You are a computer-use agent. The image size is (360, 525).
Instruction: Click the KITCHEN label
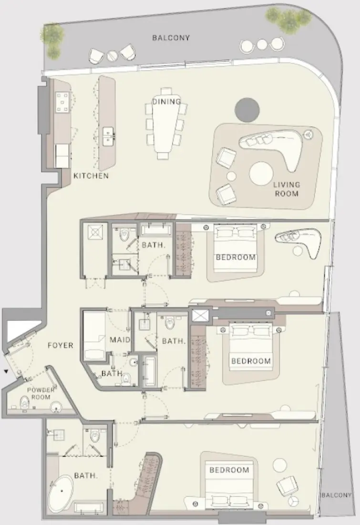[91, 176]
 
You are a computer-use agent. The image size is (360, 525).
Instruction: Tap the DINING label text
[166, 102]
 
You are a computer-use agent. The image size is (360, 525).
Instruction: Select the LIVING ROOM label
[286, 189]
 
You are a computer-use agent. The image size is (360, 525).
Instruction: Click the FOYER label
[61, 345]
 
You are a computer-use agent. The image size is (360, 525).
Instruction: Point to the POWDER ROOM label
[41, 393]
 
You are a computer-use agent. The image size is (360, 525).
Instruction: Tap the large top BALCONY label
[170, 38]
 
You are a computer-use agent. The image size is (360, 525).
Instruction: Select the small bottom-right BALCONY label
[337, 495]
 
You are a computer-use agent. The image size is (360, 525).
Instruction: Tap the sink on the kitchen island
[108, 135]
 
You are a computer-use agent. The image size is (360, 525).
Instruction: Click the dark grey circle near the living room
[247, 109]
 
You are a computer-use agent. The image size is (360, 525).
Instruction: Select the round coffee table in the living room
[263, 175]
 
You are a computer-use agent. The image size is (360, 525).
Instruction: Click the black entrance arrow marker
[6, 371]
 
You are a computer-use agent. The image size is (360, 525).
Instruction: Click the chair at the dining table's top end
[166, 91]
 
